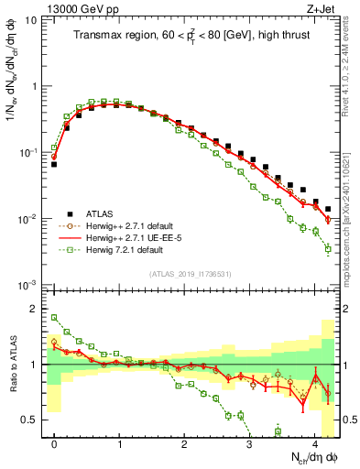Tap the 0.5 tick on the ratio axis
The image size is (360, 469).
34,420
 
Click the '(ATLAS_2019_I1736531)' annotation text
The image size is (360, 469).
190,275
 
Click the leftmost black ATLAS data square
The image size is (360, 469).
54,165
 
